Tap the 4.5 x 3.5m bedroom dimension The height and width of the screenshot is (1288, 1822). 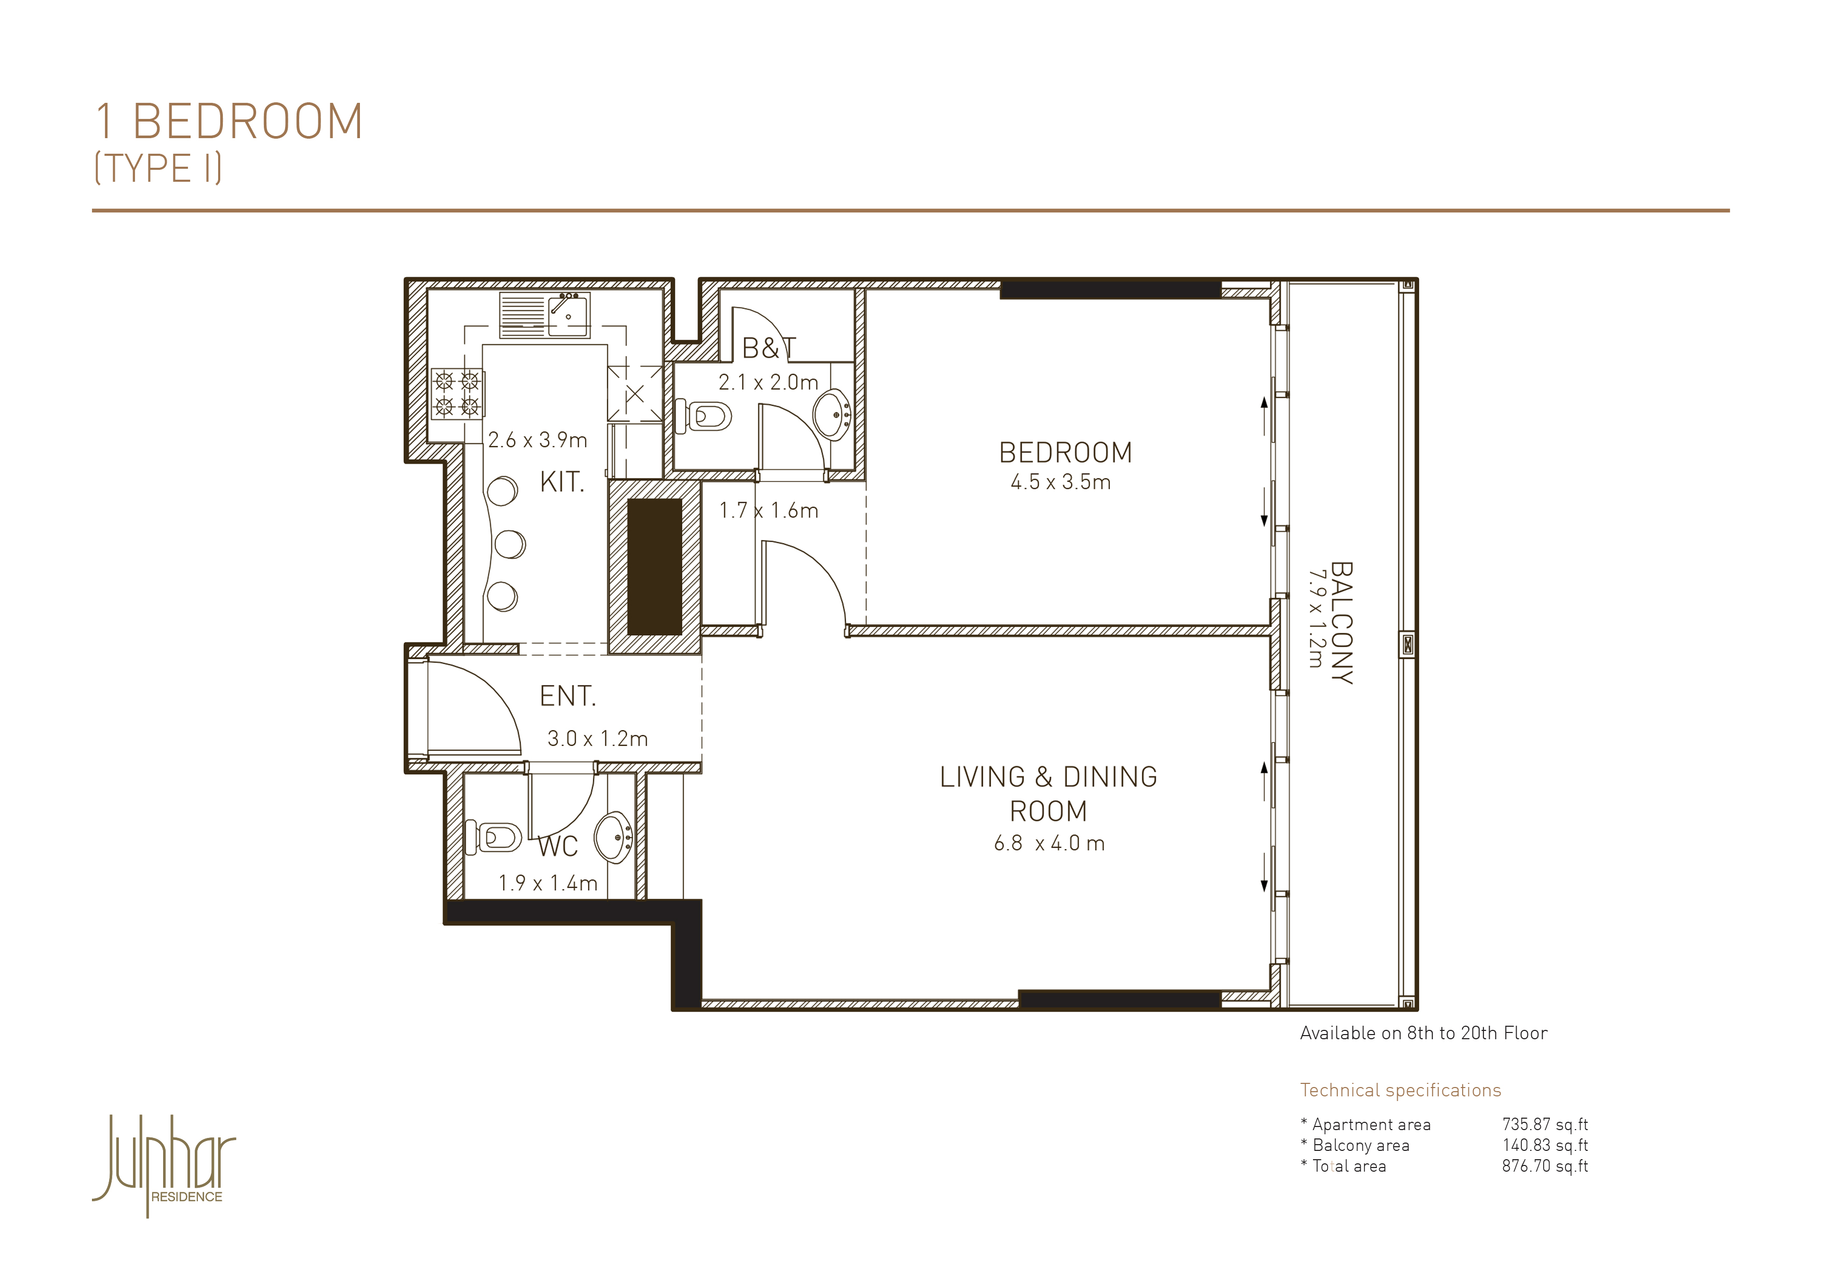coord(1060,482)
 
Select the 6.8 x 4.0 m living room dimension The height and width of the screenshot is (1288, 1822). coord(1049,843)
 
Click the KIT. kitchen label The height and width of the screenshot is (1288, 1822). coord(562,482)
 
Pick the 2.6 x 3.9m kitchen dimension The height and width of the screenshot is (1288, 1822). coord(537,440)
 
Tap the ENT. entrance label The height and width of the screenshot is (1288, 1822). coord(567,696)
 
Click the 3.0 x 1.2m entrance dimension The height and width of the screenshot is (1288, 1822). coord(597,739)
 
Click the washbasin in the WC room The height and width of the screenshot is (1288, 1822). coord(613,837)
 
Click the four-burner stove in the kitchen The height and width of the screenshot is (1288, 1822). coord(457,394)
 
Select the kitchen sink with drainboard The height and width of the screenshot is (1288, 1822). coord(544,315)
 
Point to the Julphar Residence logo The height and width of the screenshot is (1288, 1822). coord(164,1165)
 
